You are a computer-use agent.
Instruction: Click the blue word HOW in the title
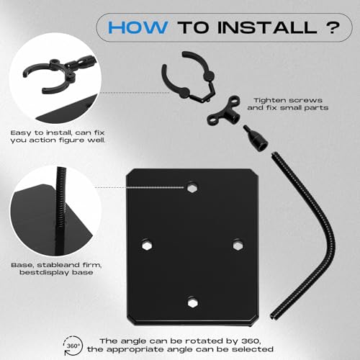coord(138,27)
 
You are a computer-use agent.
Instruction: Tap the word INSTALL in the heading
coord(268,27)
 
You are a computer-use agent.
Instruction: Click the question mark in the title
coord(333,27)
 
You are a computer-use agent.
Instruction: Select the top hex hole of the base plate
coord(192,188)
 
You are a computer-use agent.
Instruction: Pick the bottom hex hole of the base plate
coord(193,303)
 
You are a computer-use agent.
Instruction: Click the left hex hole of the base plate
coord(146,245)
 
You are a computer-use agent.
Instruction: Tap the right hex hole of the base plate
coord(238,245)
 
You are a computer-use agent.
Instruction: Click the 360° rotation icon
coord(73,346)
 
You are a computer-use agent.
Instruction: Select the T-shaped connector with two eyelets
coord(225,111)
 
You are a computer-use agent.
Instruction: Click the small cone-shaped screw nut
coord(256,138)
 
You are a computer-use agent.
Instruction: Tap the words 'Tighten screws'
coord(288,100)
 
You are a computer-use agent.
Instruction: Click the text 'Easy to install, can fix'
coord(58,132)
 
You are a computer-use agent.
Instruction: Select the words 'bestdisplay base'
coord(56,272)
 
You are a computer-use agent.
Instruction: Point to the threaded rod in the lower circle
coord(60,211)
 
